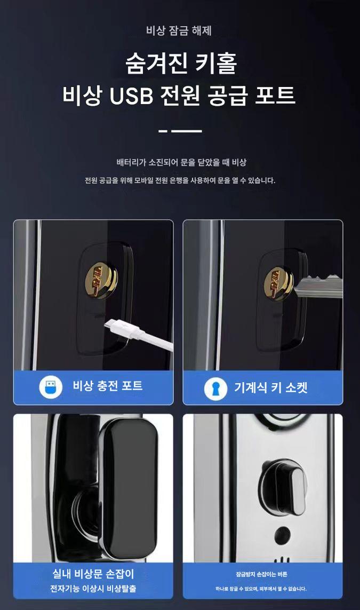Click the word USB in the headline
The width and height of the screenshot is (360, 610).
click(x=131, y=96)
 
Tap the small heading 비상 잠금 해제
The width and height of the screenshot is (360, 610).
click(x=179, y=31)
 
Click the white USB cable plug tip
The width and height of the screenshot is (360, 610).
click(x=113, y=325)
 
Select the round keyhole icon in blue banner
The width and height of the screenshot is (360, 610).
click(x=215, y=388)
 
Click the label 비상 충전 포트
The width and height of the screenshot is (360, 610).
click(x=108, y=386)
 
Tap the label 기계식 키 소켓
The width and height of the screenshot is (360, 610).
click(x=270, y=387)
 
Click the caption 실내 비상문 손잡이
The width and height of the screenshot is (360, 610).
click(x=93, y=574)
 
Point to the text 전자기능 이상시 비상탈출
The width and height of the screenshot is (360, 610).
click(x=93, y=589)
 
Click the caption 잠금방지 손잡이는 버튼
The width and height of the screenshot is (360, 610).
click(x=261, y=574)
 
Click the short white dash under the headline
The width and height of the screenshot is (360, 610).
click(x=163, y=131)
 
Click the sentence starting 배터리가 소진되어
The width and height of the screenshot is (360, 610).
click(x=181, y=163)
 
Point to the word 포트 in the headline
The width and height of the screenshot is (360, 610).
click(x=275, y=96)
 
